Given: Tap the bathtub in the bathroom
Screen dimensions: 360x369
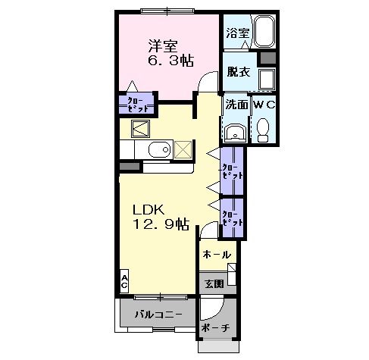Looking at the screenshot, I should click(x=264, y=33).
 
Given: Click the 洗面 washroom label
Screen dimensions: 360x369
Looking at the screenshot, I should click(x=236, y=105).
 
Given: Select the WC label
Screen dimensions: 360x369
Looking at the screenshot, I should click(x=264, y=105).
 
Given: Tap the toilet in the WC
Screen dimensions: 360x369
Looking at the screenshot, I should click(x=263, y=130).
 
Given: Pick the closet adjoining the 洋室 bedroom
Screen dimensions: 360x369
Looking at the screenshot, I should click(x=136, y=103).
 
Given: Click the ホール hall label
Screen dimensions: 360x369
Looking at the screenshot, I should click(x=217, y=255).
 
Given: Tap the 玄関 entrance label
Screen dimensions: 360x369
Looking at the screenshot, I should click(x=214, y=283).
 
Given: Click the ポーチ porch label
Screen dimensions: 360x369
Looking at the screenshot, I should click(x=215, y=328).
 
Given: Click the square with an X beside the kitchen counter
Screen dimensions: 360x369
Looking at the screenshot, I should click(x=183, y=149).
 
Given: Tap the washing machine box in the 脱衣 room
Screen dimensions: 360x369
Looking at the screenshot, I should click(x=266, y=80).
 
